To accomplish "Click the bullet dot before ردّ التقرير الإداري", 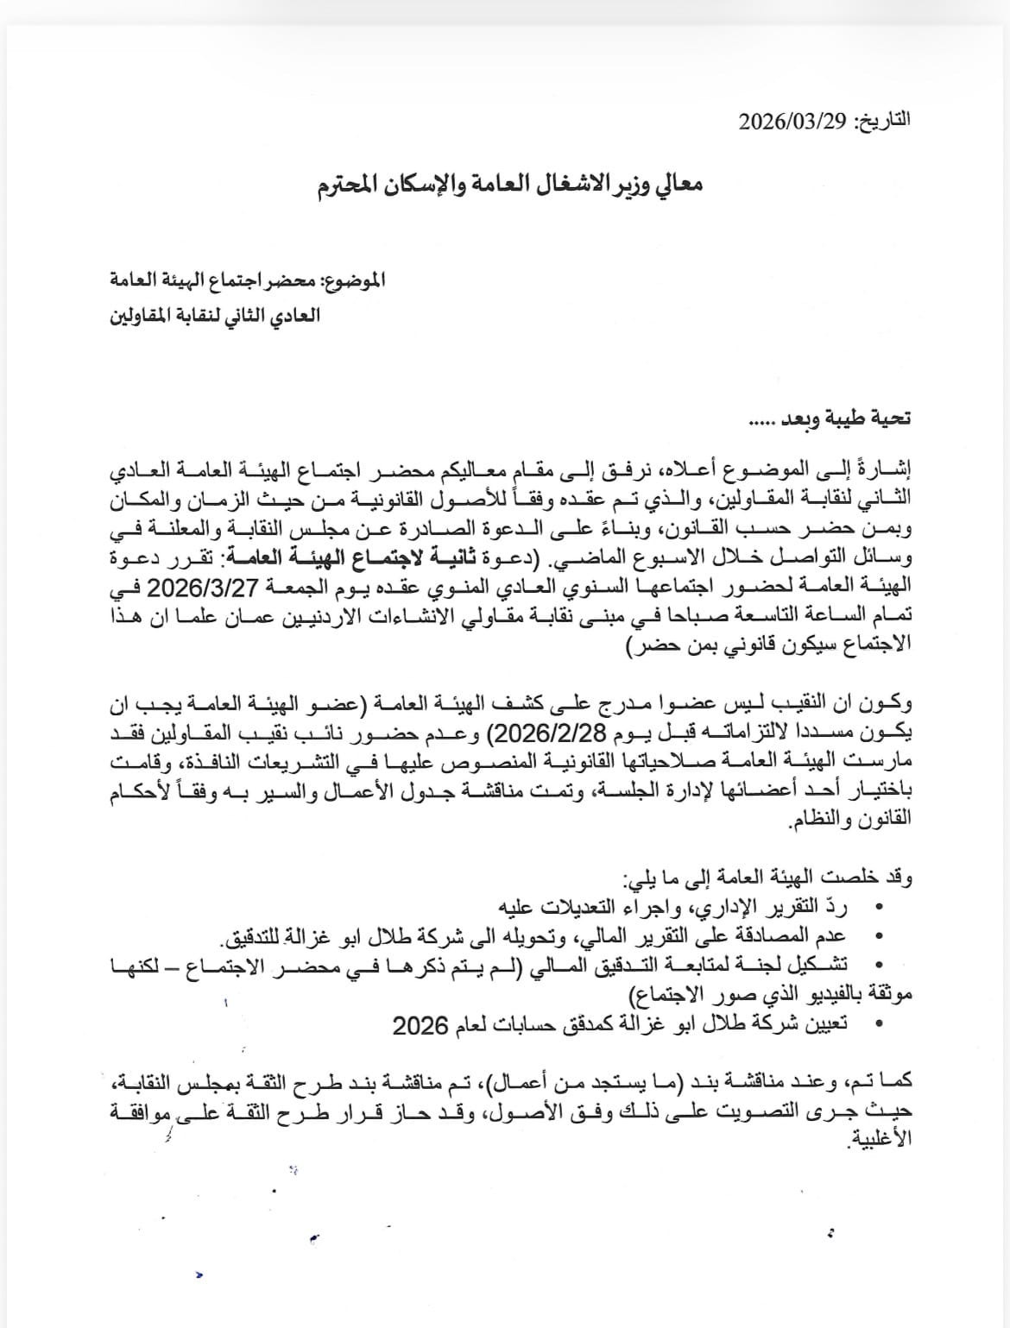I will (879, 909).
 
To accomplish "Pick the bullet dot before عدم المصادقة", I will (879, 936).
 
